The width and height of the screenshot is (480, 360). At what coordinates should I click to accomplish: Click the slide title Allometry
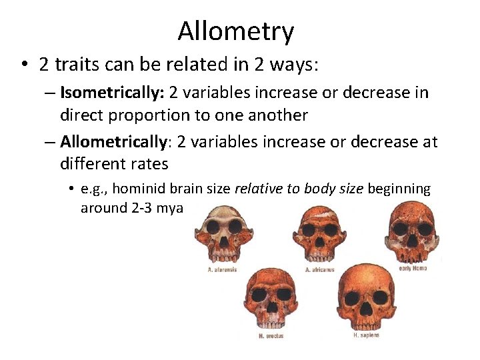(235, 31)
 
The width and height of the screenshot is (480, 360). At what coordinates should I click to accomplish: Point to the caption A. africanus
(320, 270)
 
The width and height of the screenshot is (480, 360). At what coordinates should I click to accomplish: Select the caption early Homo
(413, 268)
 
